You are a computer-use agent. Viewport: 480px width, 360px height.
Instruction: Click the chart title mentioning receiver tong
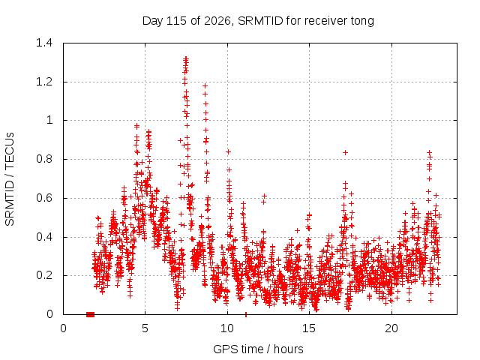pos(258,21)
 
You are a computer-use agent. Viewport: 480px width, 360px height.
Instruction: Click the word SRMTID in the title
pos(260,21)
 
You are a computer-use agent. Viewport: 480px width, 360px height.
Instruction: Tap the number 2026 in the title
pos(217,21)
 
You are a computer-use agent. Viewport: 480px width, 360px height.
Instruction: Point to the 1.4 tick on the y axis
pos(44,43)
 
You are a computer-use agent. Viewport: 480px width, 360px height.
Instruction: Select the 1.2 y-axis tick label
pos(44,82)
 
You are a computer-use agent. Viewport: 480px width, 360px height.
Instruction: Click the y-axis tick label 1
pos(49,120)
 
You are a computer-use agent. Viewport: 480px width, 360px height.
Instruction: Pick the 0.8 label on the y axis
pos(44,159)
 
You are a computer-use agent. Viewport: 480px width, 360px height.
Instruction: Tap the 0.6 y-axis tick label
pos(44,198)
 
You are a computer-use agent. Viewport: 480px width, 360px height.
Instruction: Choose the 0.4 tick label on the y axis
pos(44,237)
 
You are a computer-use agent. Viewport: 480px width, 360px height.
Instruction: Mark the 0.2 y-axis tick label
pos(44,275)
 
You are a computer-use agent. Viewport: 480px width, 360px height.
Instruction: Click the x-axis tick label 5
pos(145,328)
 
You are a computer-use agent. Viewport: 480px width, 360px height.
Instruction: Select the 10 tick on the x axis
pos(227,328)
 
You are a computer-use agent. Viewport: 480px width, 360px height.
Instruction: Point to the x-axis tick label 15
pos(309,328)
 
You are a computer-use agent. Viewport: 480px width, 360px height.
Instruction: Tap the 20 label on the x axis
pos(391,328)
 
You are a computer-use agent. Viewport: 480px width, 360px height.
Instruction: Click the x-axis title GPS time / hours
pos(258,349)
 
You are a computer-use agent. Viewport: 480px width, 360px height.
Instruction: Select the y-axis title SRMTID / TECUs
pos(10,179)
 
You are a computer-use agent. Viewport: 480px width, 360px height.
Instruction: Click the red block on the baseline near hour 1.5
pos(90,314)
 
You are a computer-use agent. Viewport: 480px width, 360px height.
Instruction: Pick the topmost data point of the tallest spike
pos(186,58)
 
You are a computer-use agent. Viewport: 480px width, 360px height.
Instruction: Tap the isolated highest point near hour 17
pos(345,152)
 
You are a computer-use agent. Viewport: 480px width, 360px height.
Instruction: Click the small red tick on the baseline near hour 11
pos(246,315)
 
